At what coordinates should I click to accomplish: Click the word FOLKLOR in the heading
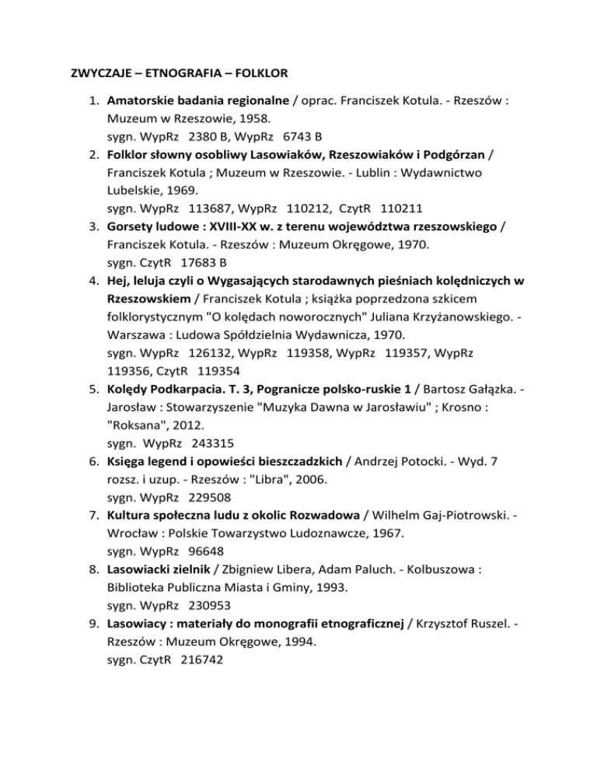coord(260,74)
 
